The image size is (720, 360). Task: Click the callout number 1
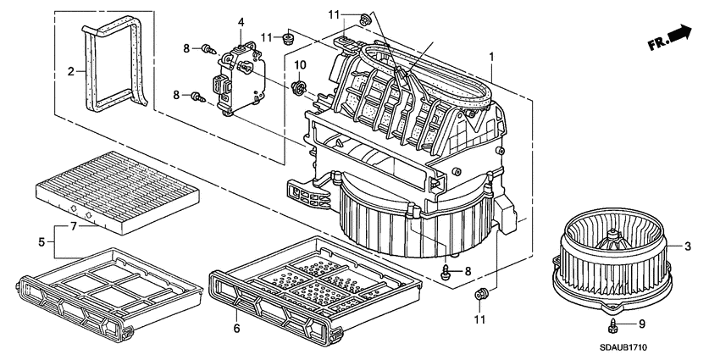(490, 57)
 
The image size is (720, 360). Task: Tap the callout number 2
(71, 71)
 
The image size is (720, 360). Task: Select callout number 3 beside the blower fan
(688, 246)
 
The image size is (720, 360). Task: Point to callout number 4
(241, 21)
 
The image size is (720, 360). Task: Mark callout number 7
(73, 227)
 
